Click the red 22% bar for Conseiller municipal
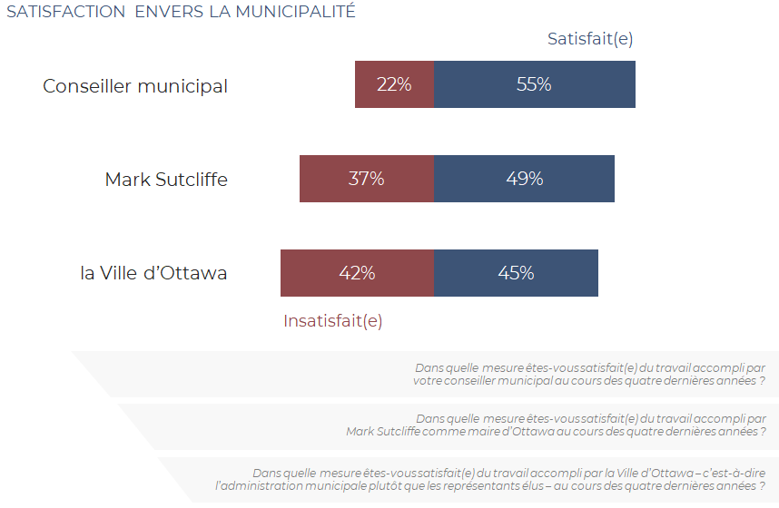click(x=394, y=84)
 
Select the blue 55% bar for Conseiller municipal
click(x=535, y=84)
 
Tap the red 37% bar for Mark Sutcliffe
click(x=367, y=179)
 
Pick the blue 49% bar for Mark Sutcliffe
click(x=524, y=179)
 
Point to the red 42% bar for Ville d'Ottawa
click(x=357, y=273)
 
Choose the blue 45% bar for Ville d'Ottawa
click(x=517, y=273)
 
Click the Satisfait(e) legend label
click(x=590, y=39)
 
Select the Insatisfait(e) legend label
click(x=333, y=321)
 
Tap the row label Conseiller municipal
click(x=135, y=86)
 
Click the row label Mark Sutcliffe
click(x=166, y=180)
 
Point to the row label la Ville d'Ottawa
click(x=153, y=273)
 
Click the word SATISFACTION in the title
click(x=66, y=12)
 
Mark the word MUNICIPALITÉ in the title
click(x=296, y=10)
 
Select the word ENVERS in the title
click(x=169, y=12)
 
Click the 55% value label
click(x=534, y=84)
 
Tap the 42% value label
click(x=357, y=273)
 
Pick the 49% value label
click(x=525, y=179)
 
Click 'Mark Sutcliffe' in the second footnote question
click(x=383, y=432)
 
